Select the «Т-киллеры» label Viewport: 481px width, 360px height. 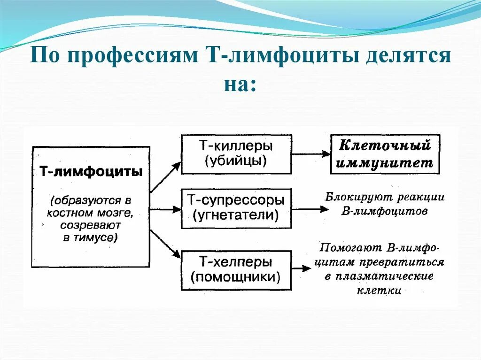click(x=236, y=146)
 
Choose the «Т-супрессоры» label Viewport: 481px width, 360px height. click(x=236, y=200)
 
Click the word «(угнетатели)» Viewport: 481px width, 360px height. click(x=236, y=216)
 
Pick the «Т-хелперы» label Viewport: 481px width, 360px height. click(x=236, y=261)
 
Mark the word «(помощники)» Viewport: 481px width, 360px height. click(x=236, y=277)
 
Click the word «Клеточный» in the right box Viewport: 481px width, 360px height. click(x=385, y=146)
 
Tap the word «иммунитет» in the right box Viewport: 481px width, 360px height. click(x=385, y=162)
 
